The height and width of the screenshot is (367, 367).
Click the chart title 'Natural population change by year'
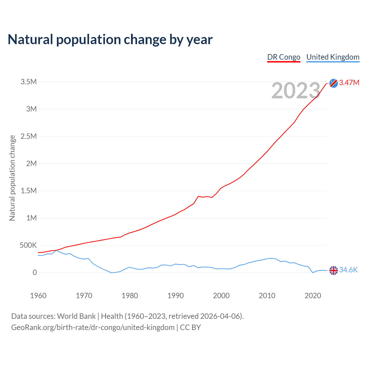point(110,40)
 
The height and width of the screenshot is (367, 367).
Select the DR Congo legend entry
point(284,57)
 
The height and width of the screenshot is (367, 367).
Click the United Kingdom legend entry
point(333,57)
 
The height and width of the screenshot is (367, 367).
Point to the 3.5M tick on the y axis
point(29,82)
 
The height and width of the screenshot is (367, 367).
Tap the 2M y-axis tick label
point(31,164)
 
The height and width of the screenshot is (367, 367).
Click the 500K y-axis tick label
point(28,245)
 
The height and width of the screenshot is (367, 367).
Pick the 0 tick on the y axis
point(35,273)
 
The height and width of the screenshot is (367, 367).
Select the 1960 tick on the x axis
point(38,296)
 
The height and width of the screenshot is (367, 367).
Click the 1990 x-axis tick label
point(175,296)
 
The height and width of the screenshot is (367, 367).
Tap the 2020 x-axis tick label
point(313,296)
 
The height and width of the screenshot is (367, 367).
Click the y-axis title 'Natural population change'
point(12,178)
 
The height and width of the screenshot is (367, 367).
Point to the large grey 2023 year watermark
point(296,91)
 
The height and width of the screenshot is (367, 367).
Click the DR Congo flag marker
point(333,83)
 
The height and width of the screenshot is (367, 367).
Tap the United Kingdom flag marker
point(333,270)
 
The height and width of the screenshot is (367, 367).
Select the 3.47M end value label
point(349,83)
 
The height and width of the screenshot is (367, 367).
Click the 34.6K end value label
point(348,270)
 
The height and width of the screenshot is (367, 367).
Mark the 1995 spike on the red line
point(198,196)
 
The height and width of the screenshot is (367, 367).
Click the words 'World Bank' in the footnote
point(76,316)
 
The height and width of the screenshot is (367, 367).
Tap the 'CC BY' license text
point(190,327)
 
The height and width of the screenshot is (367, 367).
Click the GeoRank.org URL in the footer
point(93,327)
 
